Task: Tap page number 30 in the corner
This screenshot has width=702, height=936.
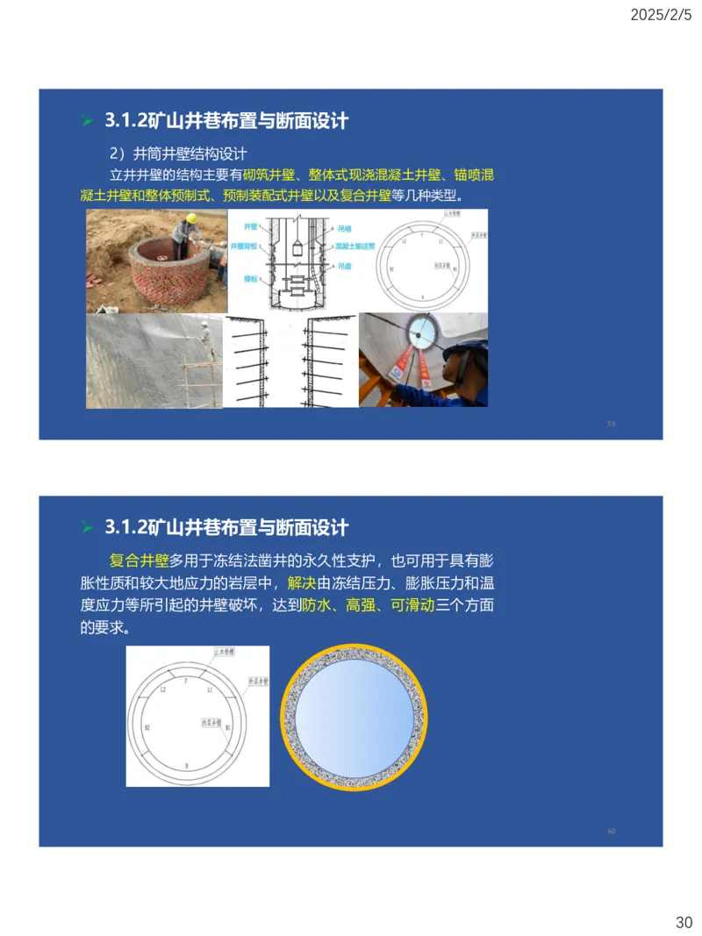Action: (x=684, y=922)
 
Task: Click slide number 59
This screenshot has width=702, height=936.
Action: (x=611, y=424)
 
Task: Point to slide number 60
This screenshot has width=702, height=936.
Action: (x=611, y=831)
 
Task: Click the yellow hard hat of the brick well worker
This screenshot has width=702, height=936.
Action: (x=191, y=218)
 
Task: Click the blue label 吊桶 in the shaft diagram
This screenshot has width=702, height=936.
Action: (x=345, y=227)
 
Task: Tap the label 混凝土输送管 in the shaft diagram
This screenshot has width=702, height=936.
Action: (x=354, y=247)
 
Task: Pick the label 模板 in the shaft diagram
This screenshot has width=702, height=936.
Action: (x=249, y=278)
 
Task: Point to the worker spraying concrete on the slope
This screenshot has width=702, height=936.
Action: (x=205, y=340)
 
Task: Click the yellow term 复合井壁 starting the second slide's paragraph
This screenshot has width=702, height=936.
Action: (x=139, y=560)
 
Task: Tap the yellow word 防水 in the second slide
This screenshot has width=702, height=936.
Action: (x=316, y=605)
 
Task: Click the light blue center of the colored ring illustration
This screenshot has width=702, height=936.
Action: (x=353, y=718)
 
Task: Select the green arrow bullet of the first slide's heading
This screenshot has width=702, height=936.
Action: (x=87, y=120)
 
